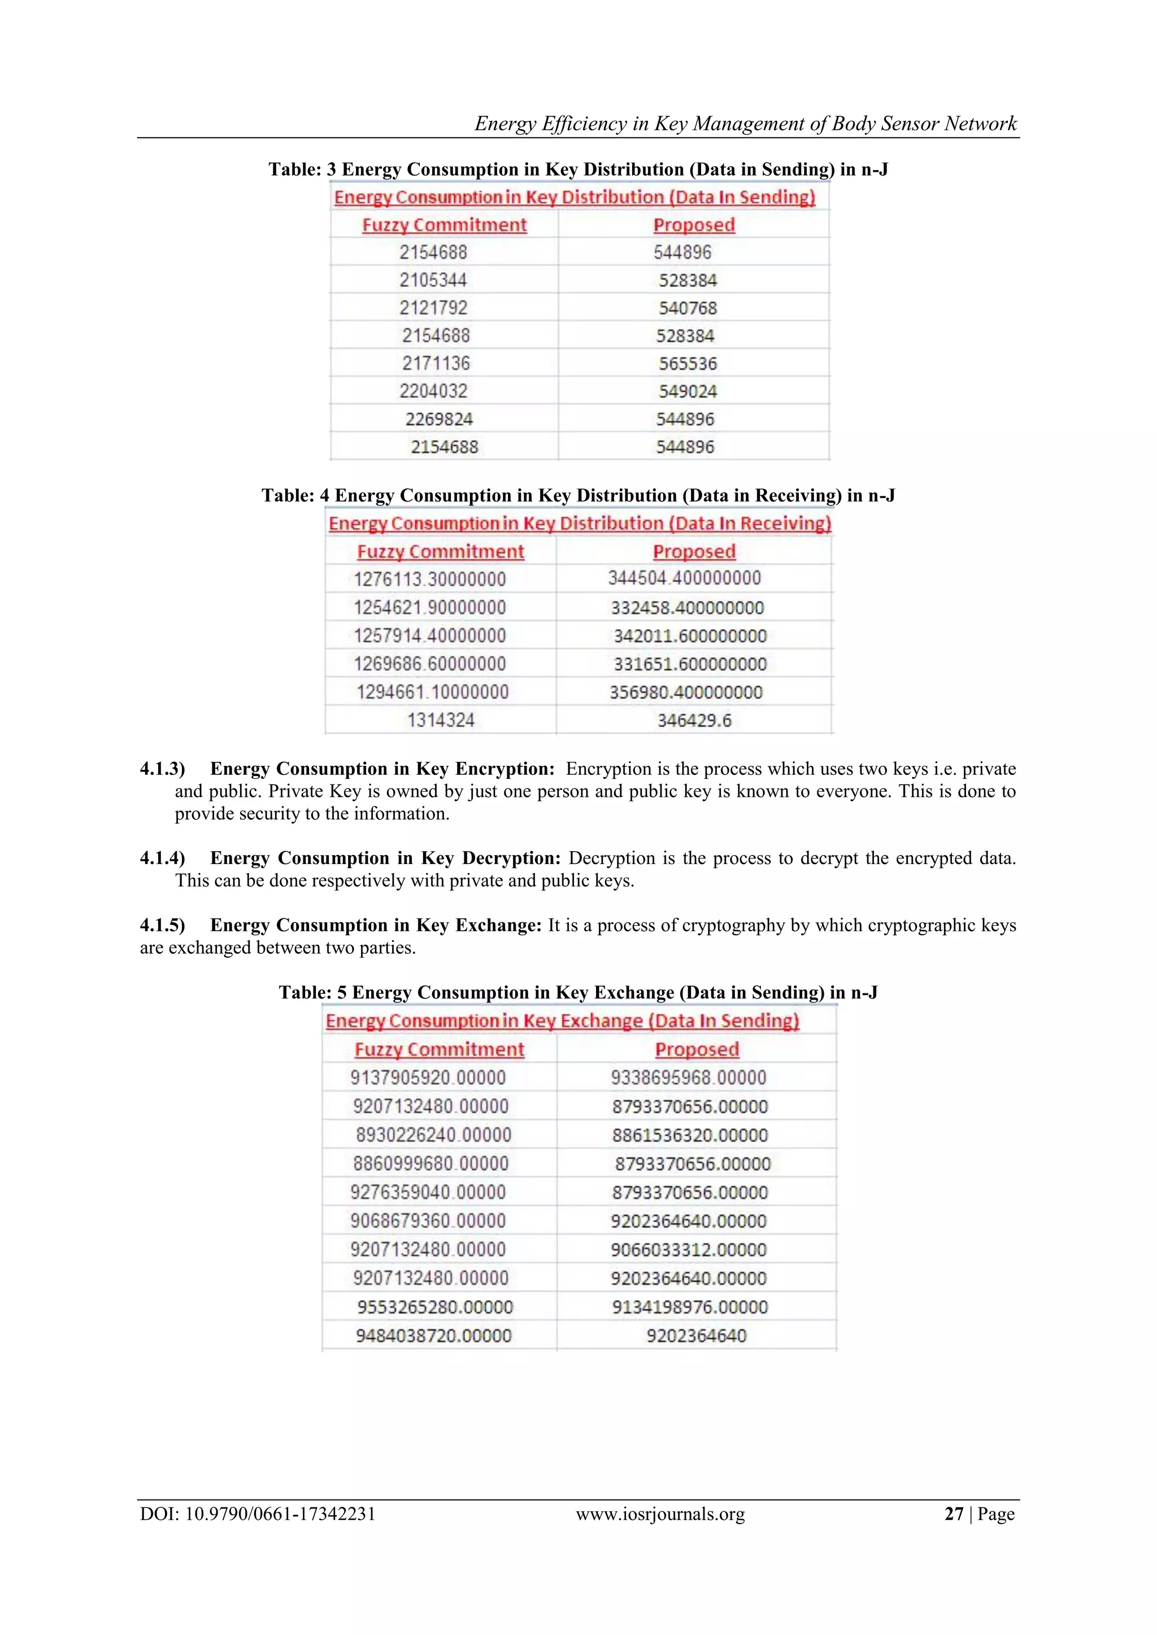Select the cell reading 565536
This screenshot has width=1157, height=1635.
(x=688, y=363)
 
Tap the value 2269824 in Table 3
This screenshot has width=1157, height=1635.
(x=439, y=418)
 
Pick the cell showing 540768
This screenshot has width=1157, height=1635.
(x=688, y=308)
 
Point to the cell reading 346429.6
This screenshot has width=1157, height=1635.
(x=694, y=720)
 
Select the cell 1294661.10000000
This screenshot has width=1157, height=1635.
(x=432, y=691)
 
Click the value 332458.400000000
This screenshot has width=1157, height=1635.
(x=687, y=608)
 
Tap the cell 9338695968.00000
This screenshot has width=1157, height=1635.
(x=688, y=1078)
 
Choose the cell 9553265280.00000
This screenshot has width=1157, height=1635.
(x=434, y=1307)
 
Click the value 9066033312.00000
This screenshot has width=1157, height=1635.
(x=688, y=1249)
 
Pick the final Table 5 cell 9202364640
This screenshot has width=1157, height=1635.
(x=696, y=1335)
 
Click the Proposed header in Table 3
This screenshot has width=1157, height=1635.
(x=694, y=225)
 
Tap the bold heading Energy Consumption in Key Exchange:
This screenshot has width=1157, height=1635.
(x=376, y=925)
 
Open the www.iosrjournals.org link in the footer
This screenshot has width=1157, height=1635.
(x=660, y=1513)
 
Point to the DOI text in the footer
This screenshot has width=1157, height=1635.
(x=257, y=1513)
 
